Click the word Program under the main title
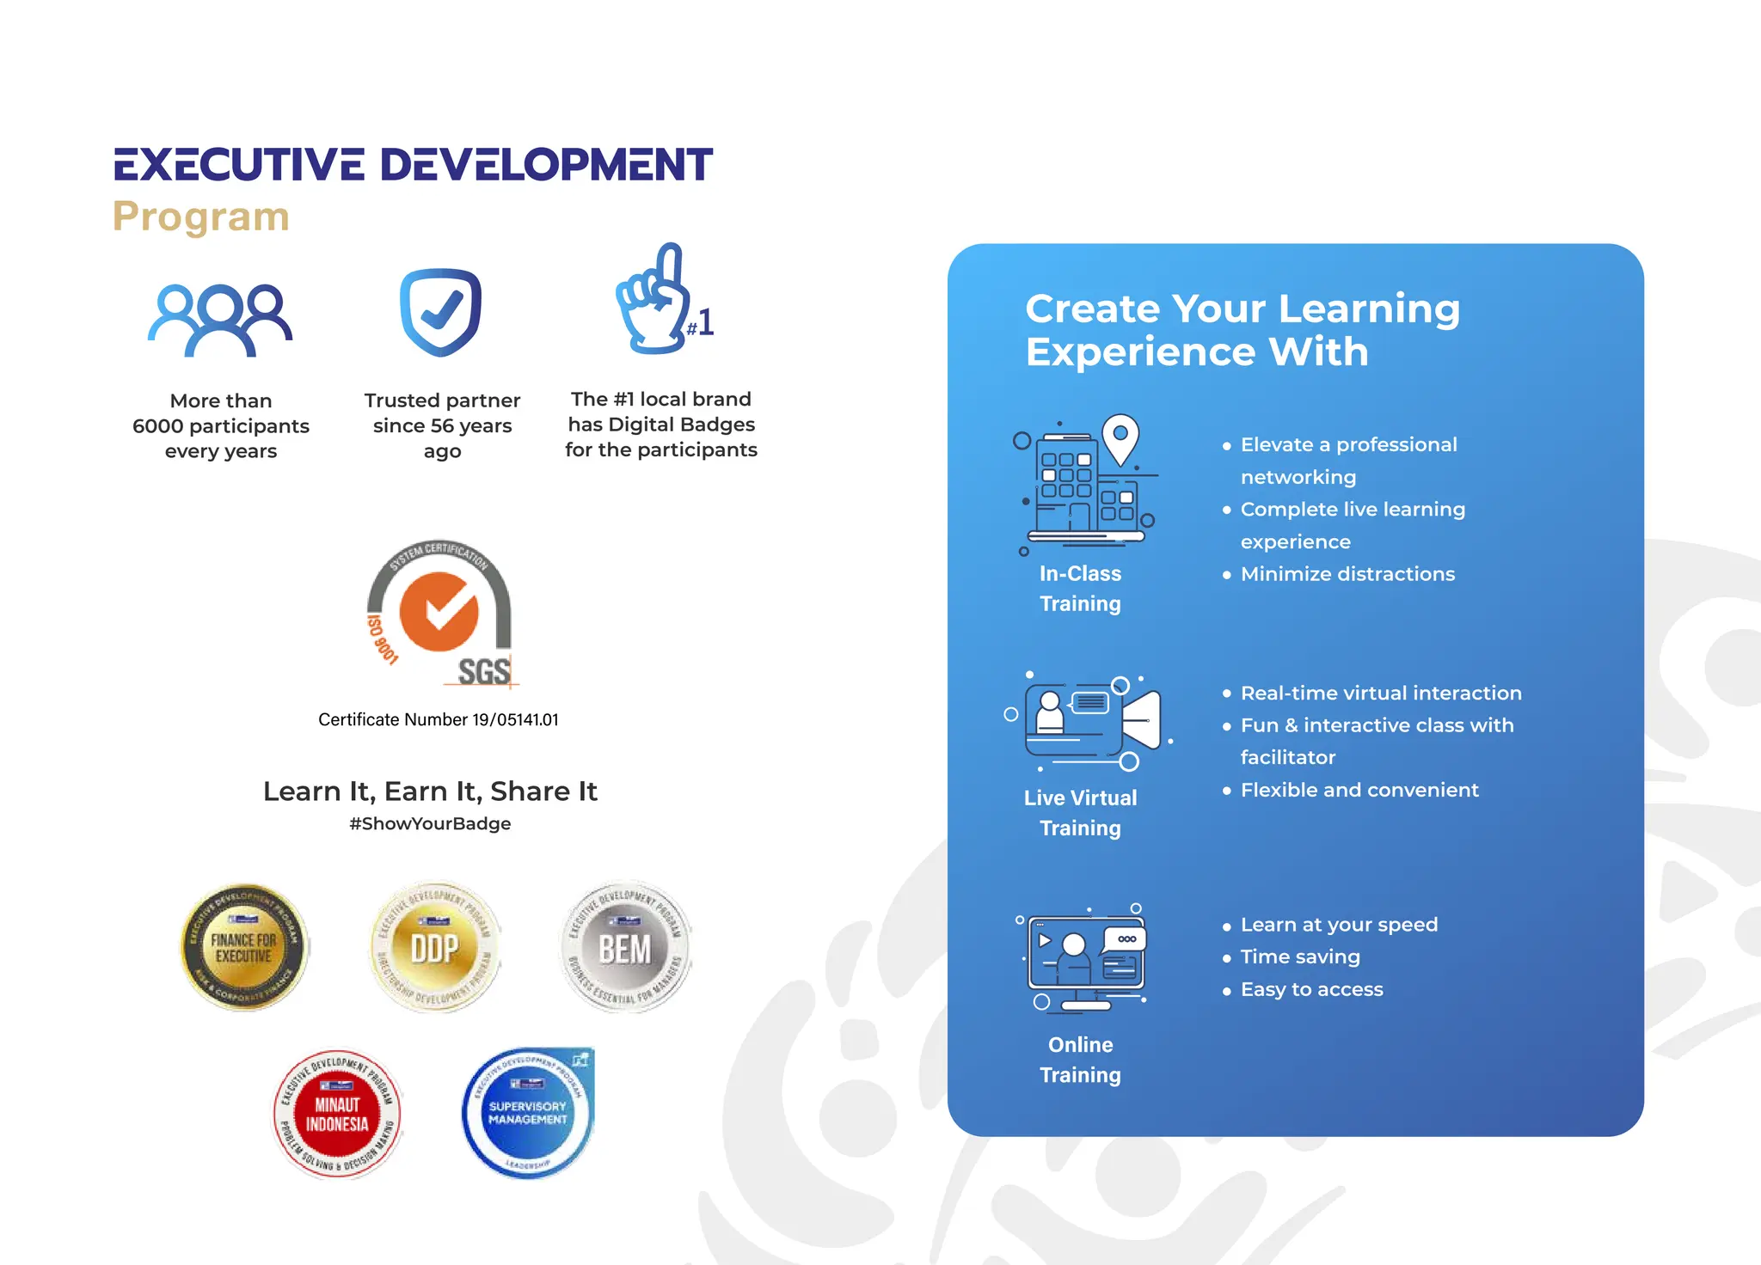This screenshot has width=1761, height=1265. click(x=201, y=217)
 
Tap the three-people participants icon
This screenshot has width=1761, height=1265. click(x=221, y=320)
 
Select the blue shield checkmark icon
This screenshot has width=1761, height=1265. click(x=441, y=312)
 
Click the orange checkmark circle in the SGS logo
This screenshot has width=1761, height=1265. click(x=439, y=611)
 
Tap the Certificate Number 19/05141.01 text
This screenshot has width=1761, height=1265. click(x=439, y=720)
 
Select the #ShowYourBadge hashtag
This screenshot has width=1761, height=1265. click(x=430, y=823)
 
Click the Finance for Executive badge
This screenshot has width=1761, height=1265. click(x=244, y=947)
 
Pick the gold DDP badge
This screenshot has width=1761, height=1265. click(x=435, y=947)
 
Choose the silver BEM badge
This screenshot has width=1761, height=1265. click(x=625, y=947)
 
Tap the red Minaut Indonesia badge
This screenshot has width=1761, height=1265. click(x=337, y=1114)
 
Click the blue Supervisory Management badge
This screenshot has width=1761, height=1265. click(x=528, y=1112)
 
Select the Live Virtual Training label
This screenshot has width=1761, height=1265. click(x=1080, y=813)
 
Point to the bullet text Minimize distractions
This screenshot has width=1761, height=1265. click(x=1347, y=574)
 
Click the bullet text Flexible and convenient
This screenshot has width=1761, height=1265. click(x=1359, y=790)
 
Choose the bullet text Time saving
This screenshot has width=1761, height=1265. click(x=1300, y=956)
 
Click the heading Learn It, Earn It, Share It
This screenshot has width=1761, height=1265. click(x=430, y=791)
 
